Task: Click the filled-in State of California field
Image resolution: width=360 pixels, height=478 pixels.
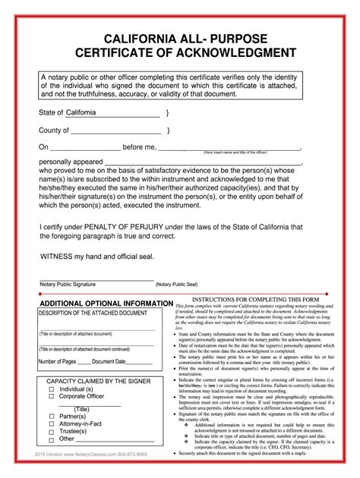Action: click(112, 113)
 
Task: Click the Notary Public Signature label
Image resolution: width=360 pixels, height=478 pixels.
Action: click(68, 284)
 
